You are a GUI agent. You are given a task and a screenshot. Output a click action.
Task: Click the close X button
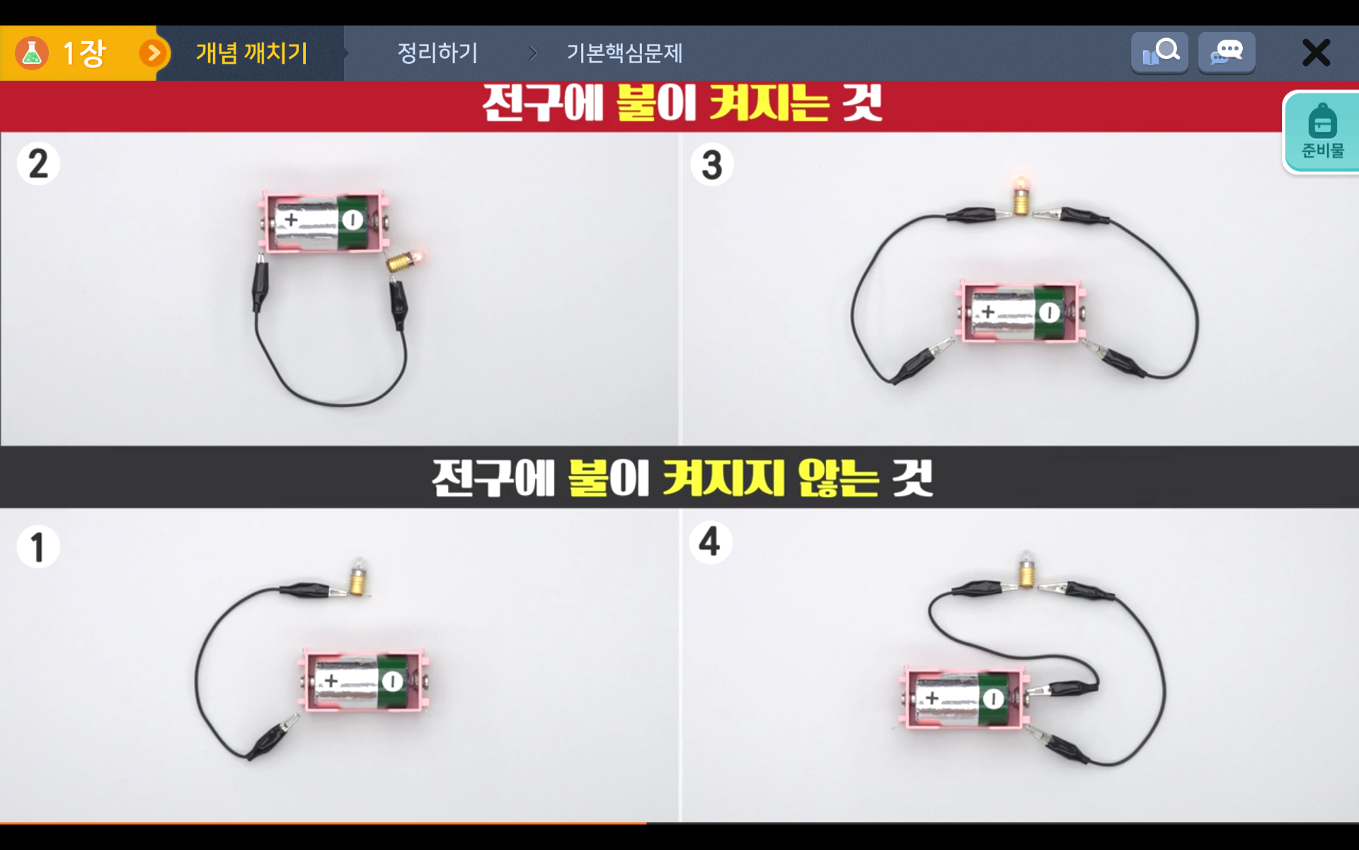click(x=1316, y=53)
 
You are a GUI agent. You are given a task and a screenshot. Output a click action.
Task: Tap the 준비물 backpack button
click(x=1321, y=132)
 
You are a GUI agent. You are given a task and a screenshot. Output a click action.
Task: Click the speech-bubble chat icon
click(x=1227, y=52)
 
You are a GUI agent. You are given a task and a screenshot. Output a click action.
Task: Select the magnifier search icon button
click(x=1159, y=52)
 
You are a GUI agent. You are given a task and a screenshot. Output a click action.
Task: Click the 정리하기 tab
click(x=437, y=53)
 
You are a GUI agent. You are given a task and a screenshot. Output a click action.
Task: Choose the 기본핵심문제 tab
click(x=624, y=53)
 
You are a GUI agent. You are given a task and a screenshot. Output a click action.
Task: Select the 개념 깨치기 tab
click(x=251, y=53)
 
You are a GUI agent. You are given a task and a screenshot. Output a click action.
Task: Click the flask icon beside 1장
click(x=32, y=53)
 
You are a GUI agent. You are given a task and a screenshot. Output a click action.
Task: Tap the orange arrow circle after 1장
click(x=153, y=53)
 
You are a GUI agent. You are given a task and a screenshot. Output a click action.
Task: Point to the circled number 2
click(x=38, y=164)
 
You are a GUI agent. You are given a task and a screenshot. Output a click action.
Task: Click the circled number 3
click(x=711, y=164)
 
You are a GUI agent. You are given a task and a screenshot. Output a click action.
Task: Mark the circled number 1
click(x=38, y=547)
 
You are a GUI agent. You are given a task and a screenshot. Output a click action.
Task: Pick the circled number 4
click(x=710, y=543)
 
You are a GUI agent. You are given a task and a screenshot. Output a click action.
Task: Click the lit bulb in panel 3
click(x=1021, y=195)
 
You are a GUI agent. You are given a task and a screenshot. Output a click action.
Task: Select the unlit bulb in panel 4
click(x=1026, y=569)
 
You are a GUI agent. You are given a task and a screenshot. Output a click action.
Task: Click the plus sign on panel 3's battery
click(x=988, y=311)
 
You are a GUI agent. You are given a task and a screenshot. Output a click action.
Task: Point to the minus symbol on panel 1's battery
click(x=392, y=681)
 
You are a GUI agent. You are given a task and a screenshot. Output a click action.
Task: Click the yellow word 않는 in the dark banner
click(x=838, y=478)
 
